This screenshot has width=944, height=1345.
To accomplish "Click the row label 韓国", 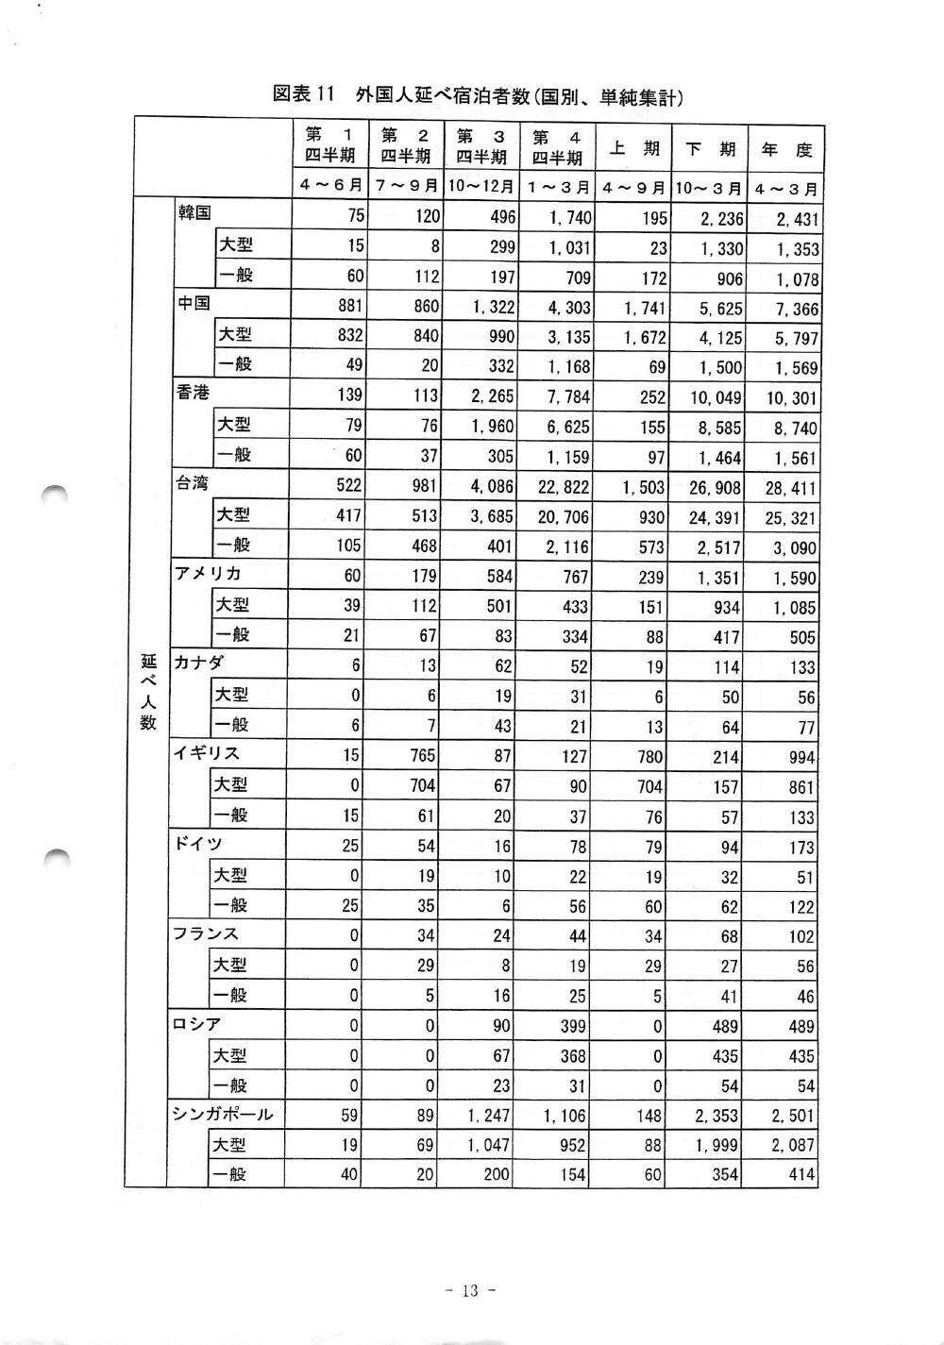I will (194, 213).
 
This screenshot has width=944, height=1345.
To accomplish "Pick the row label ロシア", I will (196, 1023).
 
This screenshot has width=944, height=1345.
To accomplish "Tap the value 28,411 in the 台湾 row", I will (791, 488).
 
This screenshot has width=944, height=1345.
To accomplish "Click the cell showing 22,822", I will (565, 487).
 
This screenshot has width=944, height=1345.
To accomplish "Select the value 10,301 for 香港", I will (791, 398).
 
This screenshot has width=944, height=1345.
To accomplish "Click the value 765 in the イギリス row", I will (421, 756).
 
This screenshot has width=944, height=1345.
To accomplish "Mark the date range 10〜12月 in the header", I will (481, 186).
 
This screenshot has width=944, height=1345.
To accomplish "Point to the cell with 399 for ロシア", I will (573, 1026).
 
